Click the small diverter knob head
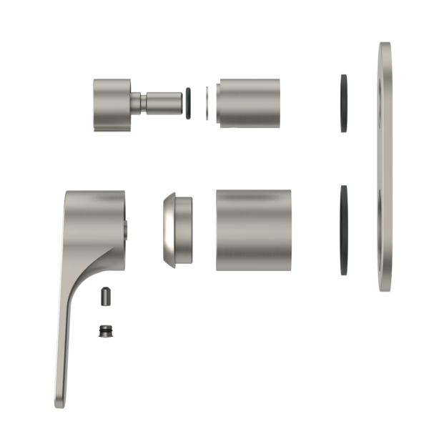point(111,104)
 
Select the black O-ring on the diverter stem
point(188,103)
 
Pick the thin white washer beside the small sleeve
point(207,103)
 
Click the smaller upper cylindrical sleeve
point(249,103)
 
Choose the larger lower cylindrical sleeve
point(253,230)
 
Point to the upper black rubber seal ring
point(344,103)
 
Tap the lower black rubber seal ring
point(344,230)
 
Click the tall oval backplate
point(385,166)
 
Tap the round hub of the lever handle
point(97,222)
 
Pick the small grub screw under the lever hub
point(106,295)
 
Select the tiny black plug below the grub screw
point(106,330)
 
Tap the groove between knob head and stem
point(136,104)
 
